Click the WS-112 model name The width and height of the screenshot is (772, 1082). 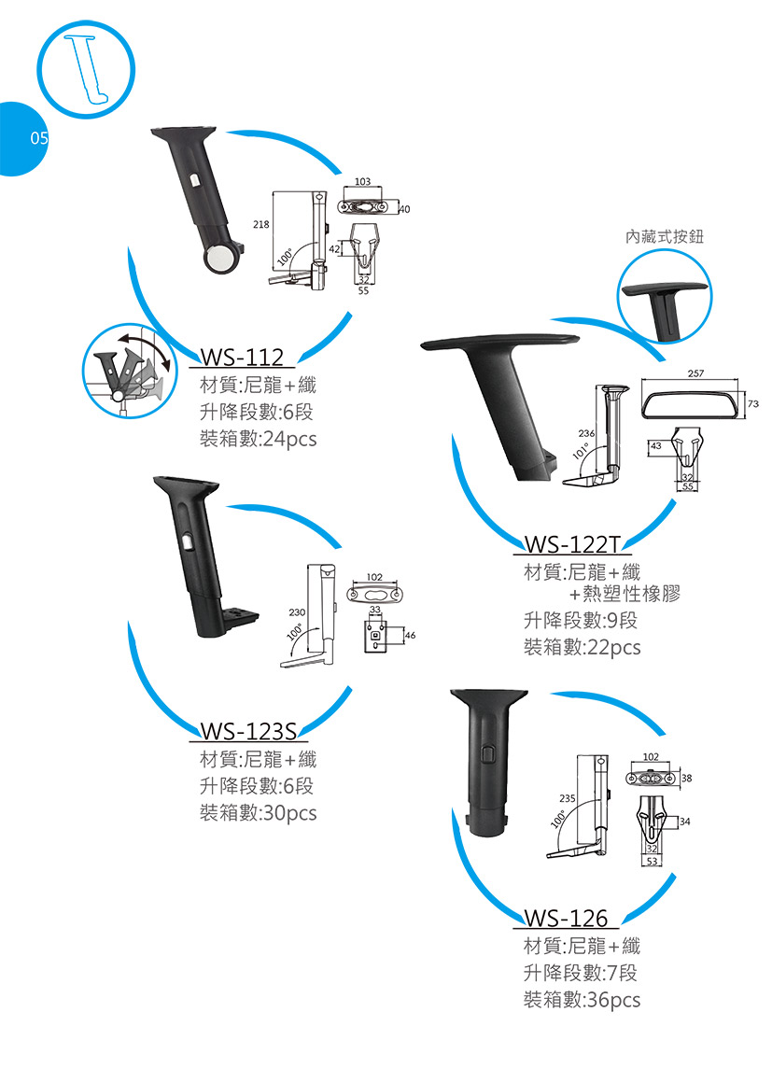[242, 357]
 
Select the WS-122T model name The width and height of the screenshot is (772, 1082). [573, 544]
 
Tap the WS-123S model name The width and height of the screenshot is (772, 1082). [248, 730]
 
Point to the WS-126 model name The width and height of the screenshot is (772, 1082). [567, 918]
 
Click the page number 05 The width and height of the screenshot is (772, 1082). [39, 138]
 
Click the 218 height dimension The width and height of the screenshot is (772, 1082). [260, 224]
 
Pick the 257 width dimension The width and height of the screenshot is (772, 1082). [695, 373]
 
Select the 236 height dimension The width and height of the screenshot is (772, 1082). [586, 433]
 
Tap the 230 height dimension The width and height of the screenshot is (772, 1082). [297, 612]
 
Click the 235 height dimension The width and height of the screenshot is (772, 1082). [568, 798]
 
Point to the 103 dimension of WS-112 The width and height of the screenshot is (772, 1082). [362, 181]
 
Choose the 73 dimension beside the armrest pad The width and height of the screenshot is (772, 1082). [752, 403]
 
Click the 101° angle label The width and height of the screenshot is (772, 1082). [580, 451]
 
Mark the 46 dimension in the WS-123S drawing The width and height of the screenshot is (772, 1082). [411, 635]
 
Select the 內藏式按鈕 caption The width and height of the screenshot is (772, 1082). [665, 237]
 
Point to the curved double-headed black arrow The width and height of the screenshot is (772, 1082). [146, 348]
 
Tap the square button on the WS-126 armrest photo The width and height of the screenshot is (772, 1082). [489, 754]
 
